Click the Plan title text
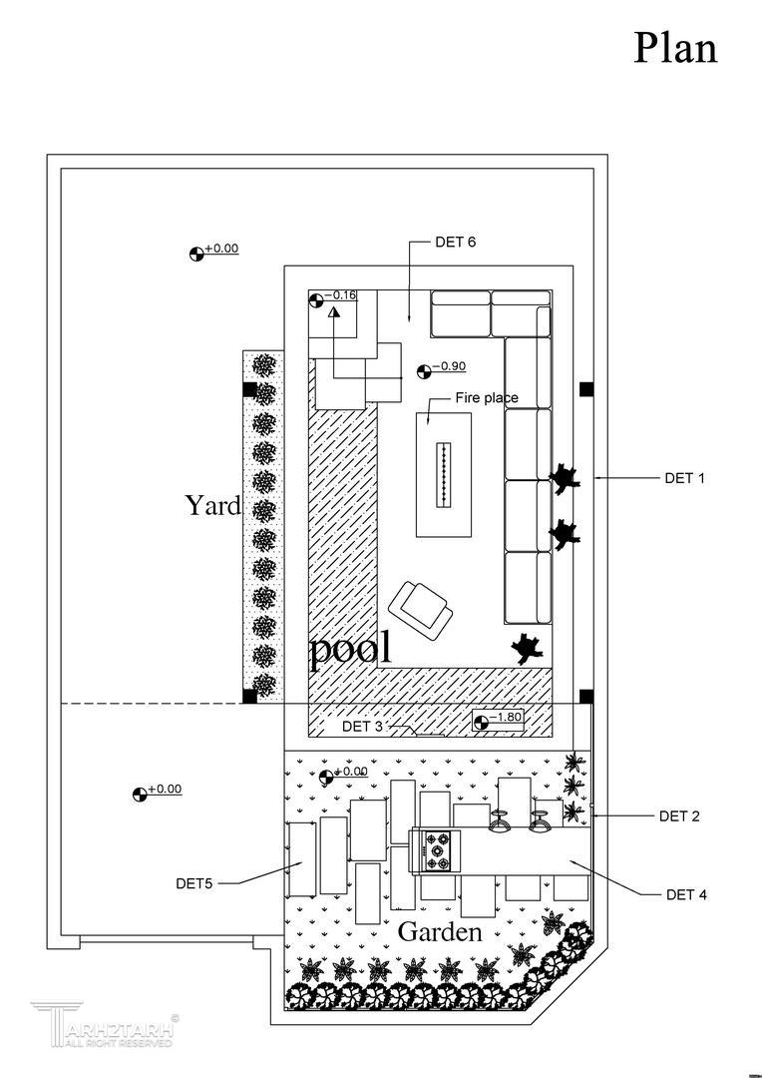(675, 48)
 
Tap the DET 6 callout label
(456, 243)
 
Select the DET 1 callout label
(684, 478)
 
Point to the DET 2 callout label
(679, 816)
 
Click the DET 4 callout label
(686, 894)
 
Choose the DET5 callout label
(194, 883)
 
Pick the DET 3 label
(362, 727)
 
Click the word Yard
(212, 506)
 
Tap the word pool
(350, 651)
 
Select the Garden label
(440, 933)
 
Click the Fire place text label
(487, 398)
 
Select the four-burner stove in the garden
(438, 851)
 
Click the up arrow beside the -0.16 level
(335, 312)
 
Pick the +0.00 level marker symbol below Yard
(140, 795)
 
